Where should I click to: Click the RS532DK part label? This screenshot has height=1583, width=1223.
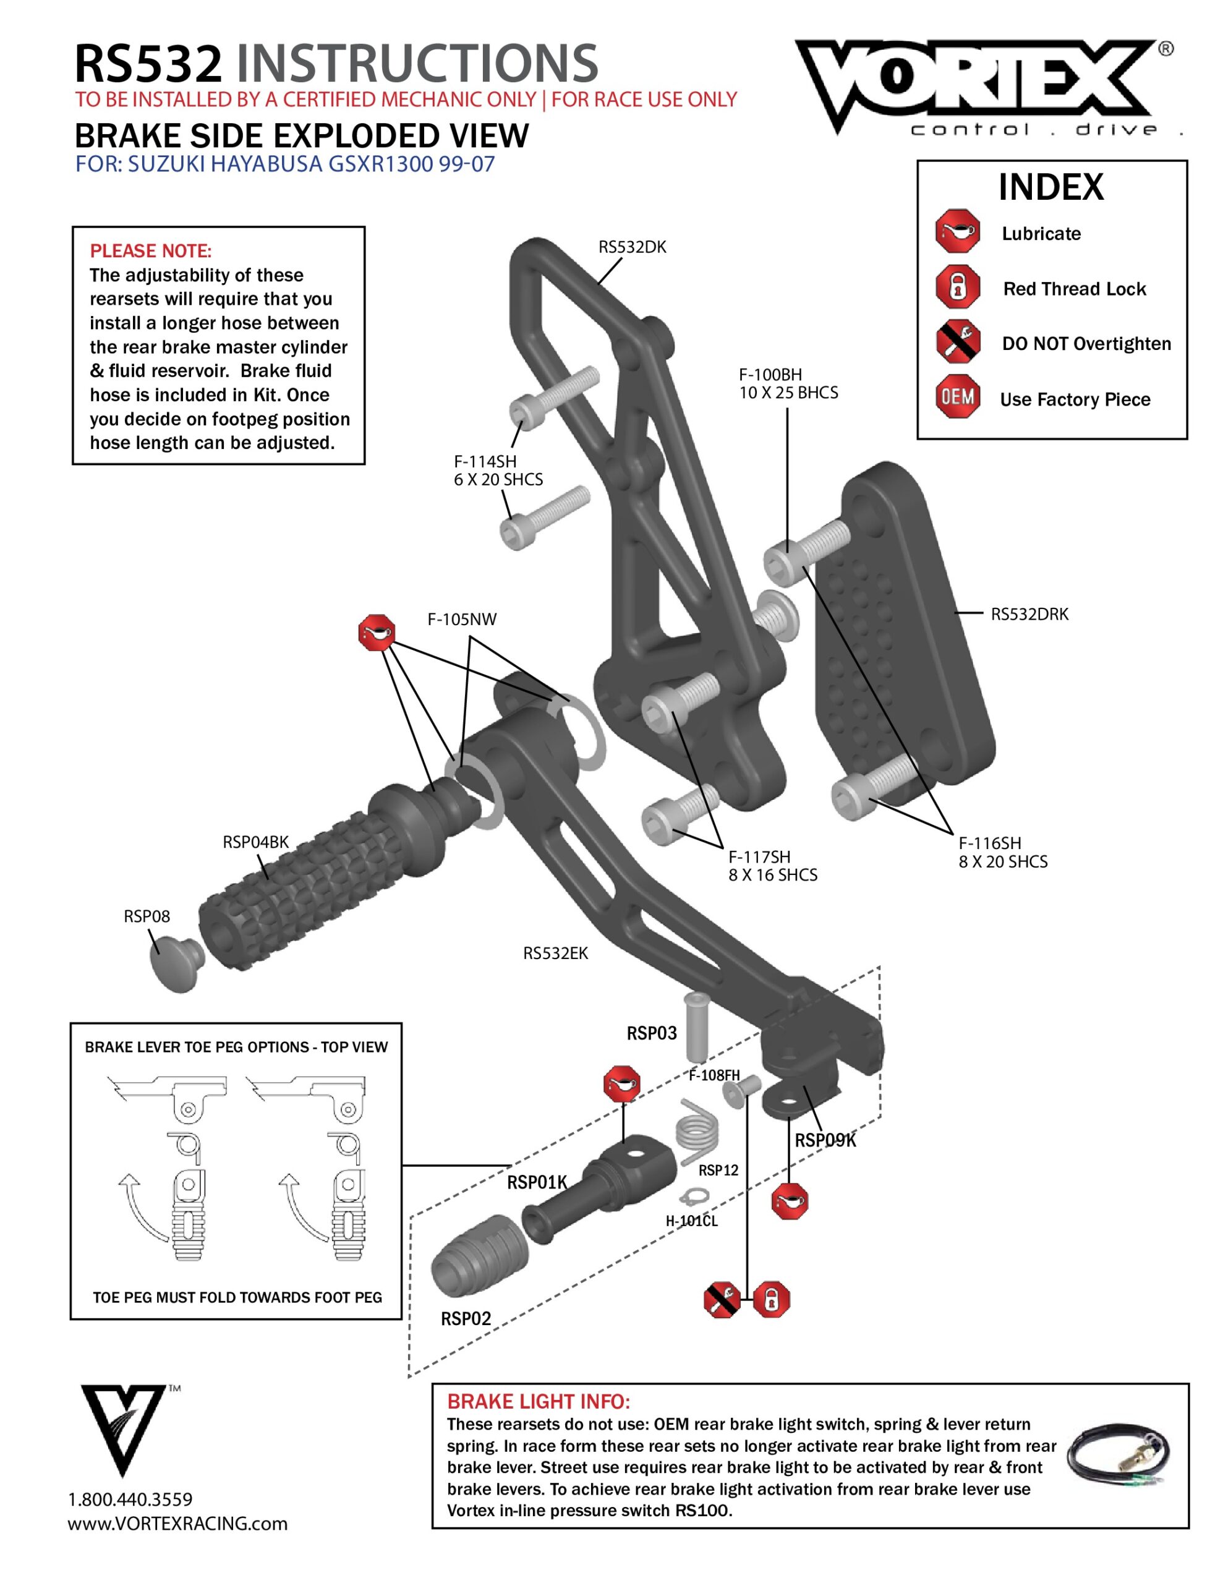click(631, 247)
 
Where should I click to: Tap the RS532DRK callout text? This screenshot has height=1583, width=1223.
click(1029, 614)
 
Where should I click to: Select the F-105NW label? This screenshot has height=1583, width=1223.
click(462, 619)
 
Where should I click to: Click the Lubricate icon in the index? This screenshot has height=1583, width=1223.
click(957, 232)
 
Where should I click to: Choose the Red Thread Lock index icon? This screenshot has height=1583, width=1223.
click(957, 287)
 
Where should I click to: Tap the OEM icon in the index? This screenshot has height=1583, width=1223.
click(957, 397)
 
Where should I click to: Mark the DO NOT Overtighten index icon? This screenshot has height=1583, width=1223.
click(957, 342)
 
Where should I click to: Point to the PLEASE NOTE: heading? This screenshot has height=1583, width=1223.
click(151, 251)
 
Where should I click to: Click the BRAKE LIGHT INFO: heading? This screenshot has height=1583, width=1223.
click(538, 1401)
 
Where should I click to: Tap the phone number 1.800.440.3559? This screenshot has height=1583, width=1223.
click(130, 1500)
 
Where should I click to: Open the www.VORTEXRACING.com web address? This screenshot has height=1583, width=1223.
click(177, 1524)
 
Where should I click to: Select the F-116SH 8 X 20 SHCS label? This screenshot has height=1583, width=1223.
click(1003, 852)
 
